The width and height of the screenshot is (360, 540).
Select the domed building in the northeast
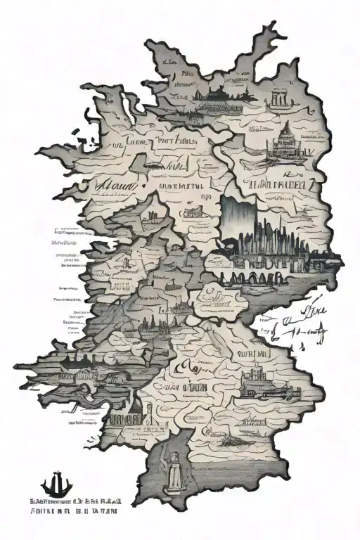(285, 139)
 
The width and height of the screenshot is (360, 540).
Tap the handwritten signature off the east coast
(295, 320)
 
